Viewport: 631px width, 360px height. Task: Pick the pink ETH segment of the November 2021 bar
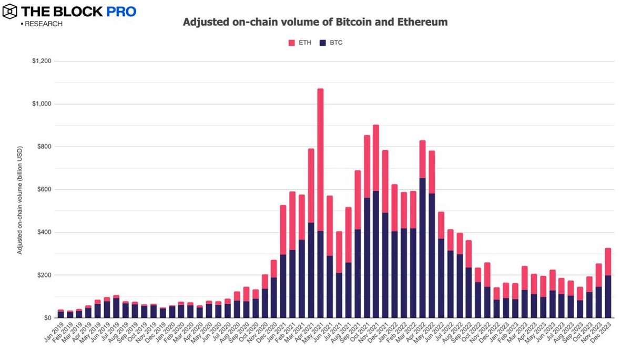[x=376, y=158]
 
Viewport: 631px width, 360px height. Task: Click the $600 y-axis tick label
[x=43, y=190]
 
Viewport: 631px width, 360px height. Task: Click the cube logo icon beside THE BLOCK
[x=9, y=11]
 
